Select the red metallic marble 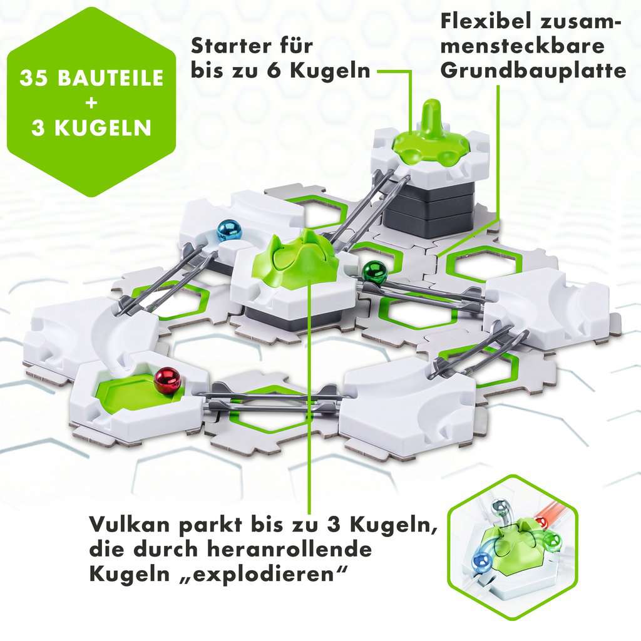pyautogui.click(x=167, y=381)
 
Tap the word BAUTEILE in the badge pyautogui.click(x=110, y=78)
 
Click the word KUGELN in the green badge pyautogui.click(x=103, y=128)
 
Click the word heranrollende pyautogui.click(x=289, y=548)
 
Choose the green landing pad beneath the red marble pyautogui.click(x=136, y=392)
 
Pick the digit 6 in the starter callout pyautogui.click(x=273, y=71)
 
